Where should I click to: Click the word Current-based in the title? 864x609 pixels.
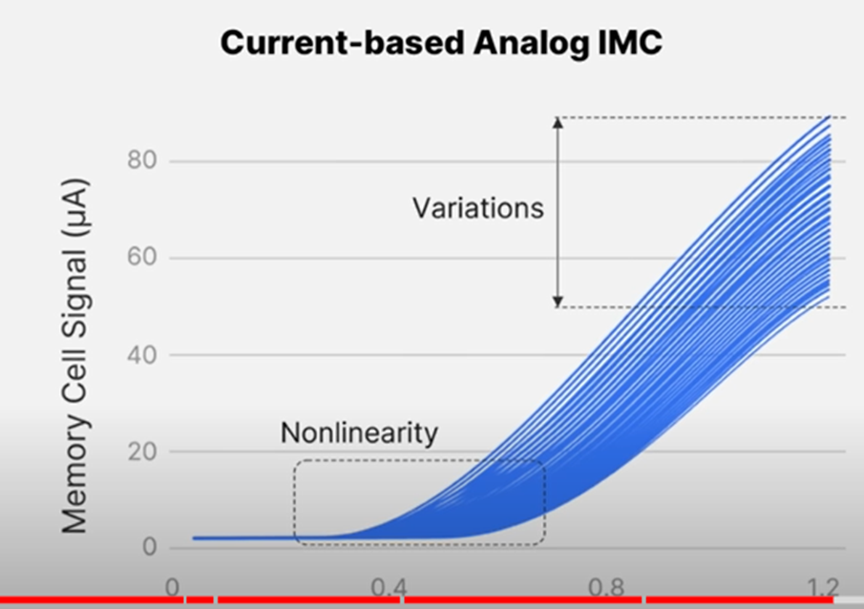coord(342,42)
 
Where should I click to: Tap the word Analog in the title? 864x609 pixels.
coord(530,44)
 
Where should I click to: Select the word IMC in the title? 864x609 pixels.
coord(629,42)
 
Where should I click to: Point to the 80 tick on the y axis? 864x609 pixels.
coord(142,160)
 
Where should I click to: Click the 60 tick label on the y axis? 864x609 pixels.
coord(142,258)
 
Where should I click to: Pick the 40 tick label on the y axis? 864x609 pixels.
coord(142,355)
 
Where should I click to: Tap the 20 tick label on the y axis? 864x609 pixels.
coord(142,451)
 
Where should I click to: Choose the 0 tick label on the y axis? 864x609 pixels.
coord(150,547)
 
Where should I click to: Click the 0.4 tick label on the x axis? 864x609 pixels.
coord(389,587)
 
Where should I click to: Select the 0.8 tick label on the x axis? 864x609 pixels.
coord(606,587)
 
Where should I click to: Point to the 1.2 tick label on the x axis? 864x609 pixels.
coord(824,587)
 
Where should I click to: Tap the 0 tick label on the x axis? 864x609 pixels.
coord(173,587)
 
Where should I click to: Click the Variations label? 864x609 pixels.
coord(478,208)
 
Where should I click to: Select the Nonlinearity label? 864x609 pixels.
coord(359,433)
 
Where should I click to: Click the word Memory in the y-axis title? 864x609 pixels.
coord(74,474)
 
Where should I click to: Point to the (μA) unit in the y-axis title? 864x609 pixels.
coord(74,208)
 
